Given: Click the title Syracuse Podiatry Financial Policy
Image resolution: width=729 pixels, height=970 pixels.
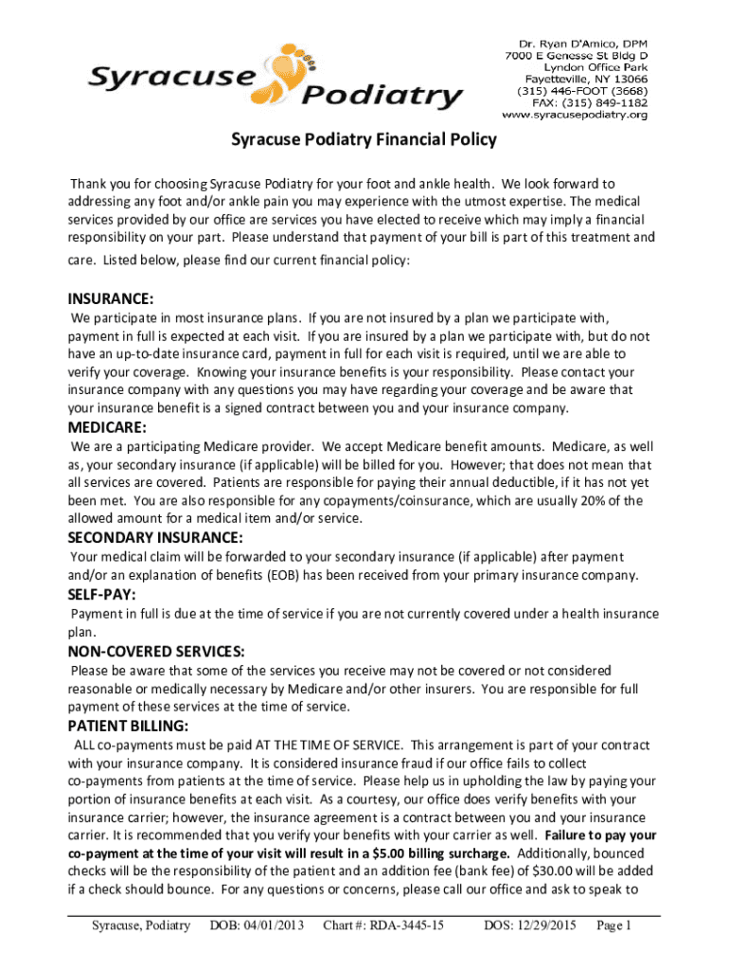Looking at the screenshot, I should click(x=364, y=140).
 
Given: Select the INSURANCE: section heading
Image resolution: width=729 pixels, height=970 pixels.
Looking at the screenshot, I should click(x=111, y=297).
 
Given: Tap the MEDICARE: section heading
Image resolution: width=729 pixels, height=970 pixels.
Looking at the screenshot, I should click(x=107, y=427).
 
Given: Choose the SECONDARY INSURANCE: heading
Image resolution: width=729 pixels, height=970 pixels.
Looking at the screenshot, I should click(x=155, y=537).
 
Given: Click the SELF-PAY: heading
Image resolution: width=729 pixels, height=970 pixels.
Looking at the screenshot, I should click(x=101, y=595).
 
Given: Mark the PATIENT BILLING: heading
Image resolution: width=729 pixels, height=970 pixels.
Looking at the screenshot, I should click(x=128, y=727).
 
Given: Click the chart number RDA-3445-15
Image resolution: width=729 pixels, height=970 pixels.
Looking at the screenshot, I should click(x=383, y=925).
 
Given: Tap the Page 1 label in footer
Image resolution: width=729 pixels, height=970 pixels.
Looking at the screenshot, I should click(x=613, y=925).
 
